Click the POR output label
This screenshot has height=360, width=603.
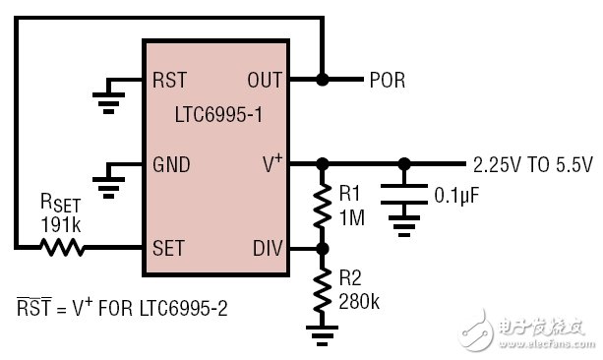(x=387, y=80)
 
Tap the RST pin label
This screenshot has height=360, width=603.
(x=170, y=80)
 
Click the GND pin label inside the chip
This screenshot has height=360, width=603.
(x=172, y=163)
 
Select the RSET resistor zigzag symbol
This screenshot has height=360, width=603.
(x=62, y=248)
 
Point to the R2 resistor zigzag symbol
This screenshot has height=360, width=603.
(x=321, y=290)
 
